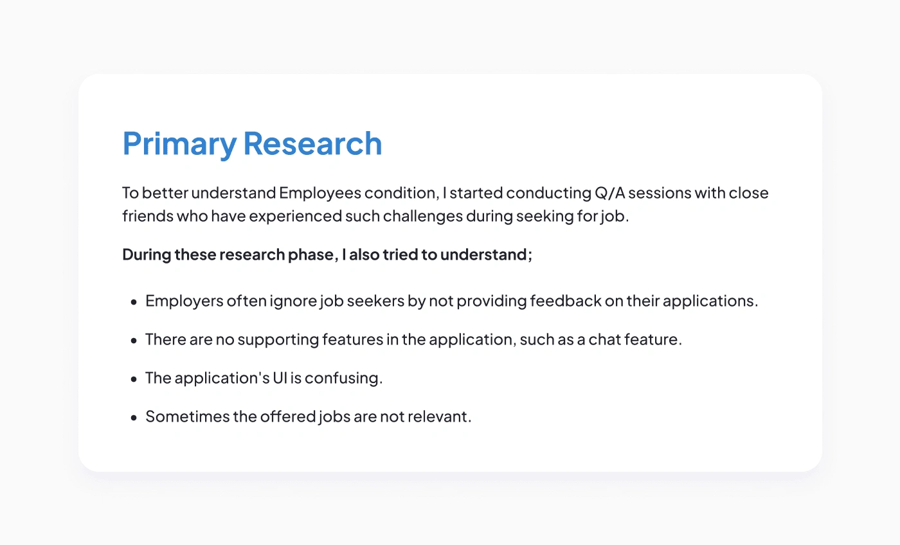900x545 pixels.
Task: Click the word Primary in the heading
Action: coord(179,145)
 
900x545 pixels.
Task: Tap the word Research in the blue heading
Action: coord(312,143)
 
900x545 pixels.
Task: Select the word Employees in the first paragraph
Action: coord(320,193)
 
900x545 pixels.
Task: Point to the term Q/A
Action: coord(610,193)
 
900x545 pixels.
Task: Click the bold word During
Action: coord(147,255)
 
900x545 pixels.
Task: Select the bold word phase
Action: coord(310,255)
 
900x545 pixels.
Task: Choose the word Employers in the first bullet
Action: coord(184,301)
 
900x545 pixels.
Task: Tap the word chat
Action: coord(605,340)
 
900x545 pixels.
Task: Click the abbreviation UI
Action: coord(280,379)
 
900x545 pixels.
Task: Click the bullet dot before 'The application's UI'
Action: coord(134,379)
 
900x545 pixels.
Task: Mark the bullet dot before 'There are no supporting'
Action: coord(134,341)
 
